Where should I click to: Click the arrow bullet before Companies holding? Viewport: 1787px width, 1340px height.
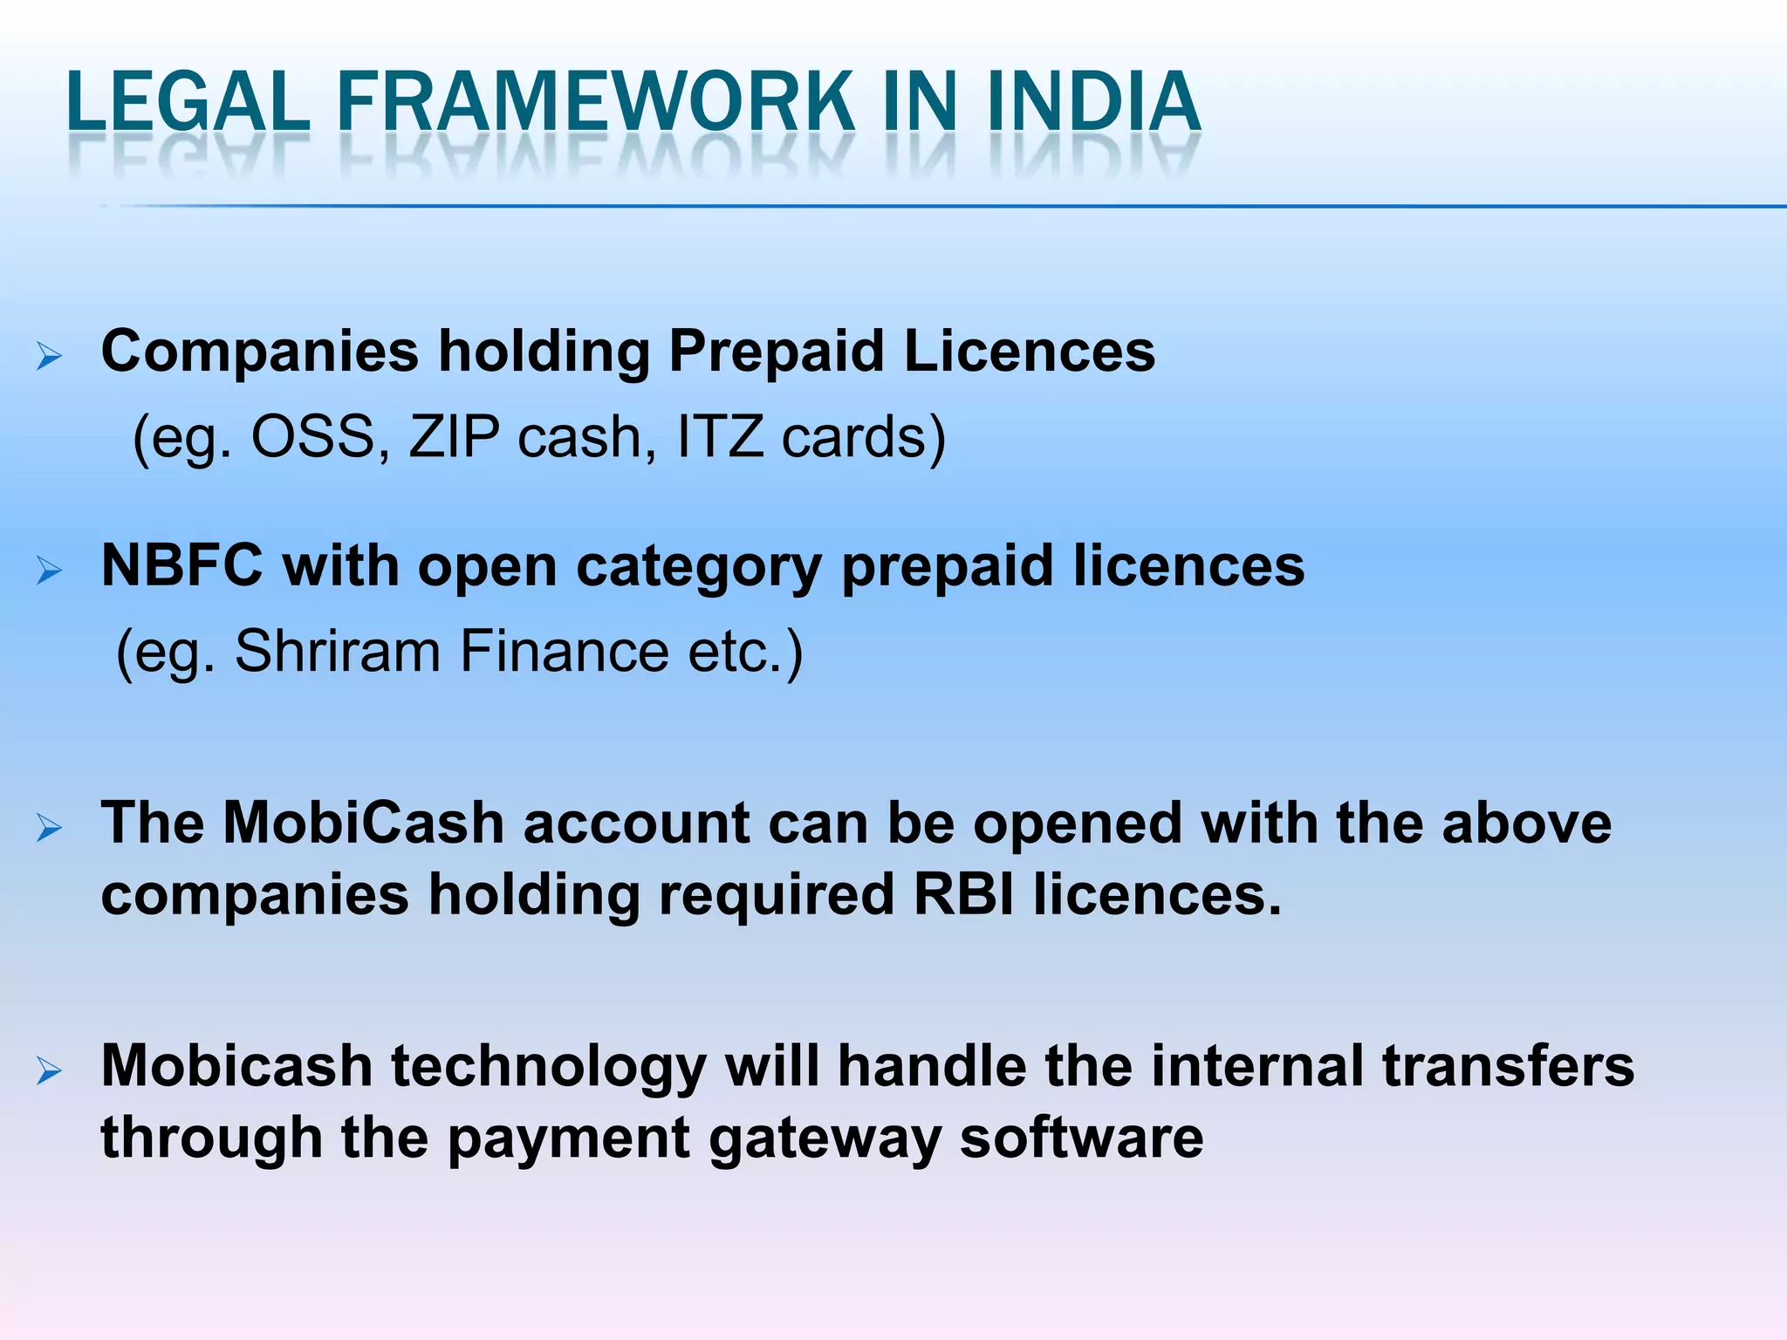pyautogui.click(x=49, y=356)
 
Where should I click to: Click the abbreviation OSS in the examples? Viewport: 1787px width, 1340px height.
pyautogui.click(x=312, y=436)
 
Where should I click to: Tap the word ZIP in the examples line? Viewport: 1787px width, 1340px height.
pyautogui.click(x=455, y=436)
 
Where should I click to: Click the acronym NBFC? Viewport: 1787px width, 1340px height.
pyautogui.click(x=182, y=566)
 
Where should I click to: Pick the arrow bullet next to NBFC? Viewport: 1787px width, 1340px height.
pyautogui.click(x=49, y=571)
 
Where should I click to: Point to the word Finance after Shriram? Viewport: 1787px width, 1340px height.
pyautogui.click(x=564, y=651)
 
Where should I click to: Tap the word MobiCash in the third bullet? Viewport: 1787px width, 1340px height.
pyautogui.click(x=363, y=823)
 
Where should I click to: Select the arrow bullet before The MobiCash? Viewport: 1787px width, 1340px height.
pyautogui.click(x=49, y=828)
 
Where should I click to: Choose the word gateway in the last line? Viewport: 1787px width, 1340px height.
pyautogui.click(x=825, y=1138)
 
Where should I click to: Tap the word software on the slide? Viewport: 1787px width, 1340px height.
pyautogui.click(x=1081, y=1138)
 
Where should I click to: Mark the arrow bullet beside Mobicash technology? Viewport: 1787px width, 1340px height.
pyautogui.click(x=49, y=1070)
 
